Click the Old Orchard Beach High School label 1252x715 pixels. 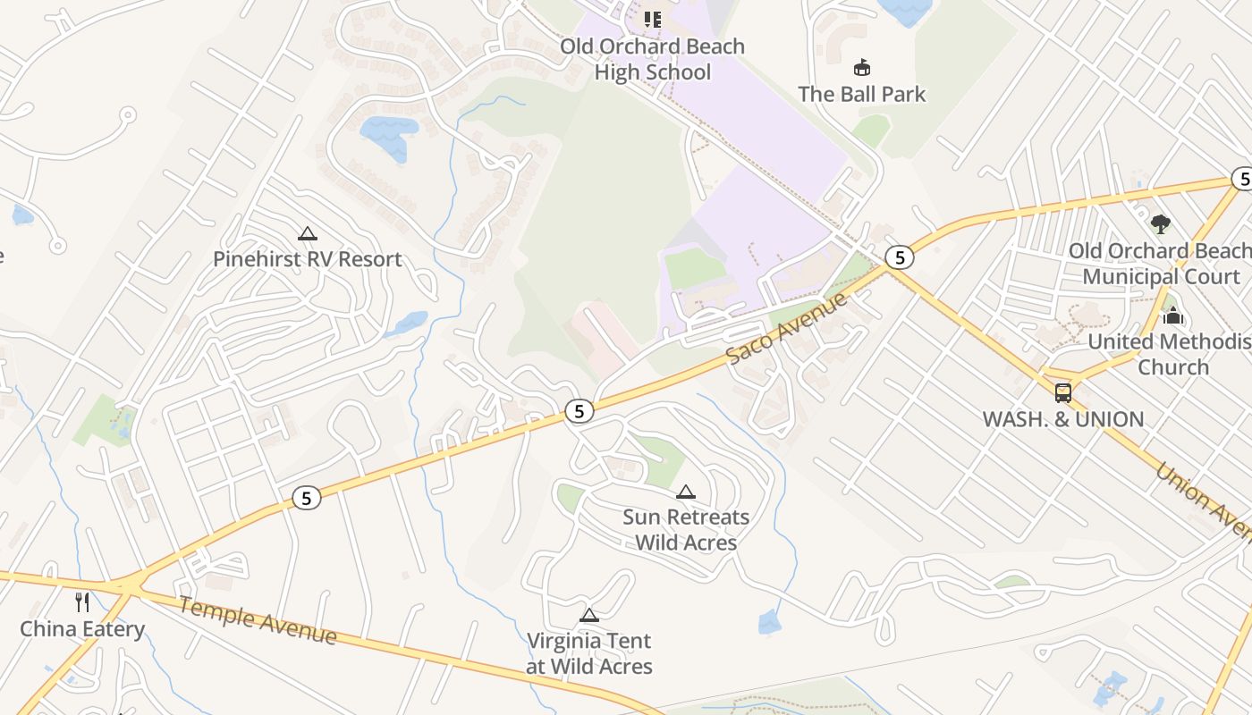(652, 59)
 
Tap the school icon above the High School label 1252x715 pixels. (653, 19)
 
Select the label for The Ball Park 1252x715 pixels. (861, 94)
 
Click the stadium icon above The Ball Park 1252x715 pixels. (862, 67)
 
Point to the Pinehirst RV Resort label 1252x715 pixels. (308, 259)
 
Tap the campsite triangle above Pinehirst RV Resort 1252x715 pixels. (308, 234)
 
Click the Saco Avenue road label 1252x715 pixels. (786, 328)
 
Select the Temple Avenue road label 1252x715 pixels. (258, 620)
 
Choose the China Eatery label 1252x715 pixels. (82, 628)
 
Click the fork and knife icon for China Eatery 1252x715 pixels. (83, 601)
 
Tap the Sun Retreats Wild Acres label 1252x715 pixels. (686, 529)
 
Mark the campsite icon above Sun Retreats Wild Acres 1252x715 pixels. (686, 492)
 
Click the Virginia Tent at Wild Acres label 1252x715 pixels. (589, 653)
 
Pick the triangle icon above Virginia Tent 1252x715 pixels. (588, 615)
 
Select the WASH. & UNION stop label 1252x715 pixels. (1062, 419)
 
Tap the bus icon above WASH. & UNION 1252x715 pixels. (1063, 392)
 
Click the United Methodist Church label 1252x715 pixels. (1172, 354)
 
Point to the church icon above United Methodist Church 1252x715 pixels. (1172, 315)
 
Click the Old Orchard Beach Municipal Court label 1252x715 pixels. (1161, 264)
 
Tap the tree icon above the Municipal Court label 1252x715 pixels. (1161, 223)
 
